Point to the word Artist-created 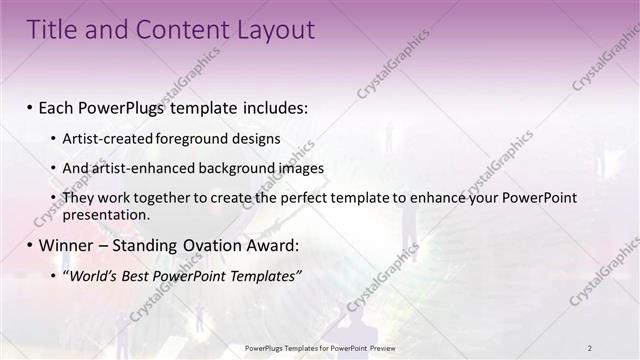click(103, 139)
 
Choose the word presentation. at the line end click(106, 214)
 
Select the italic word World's click(92, 276)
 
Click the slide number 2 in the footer click(590, 347)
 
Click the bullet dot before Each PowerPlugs click(30, 107)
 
